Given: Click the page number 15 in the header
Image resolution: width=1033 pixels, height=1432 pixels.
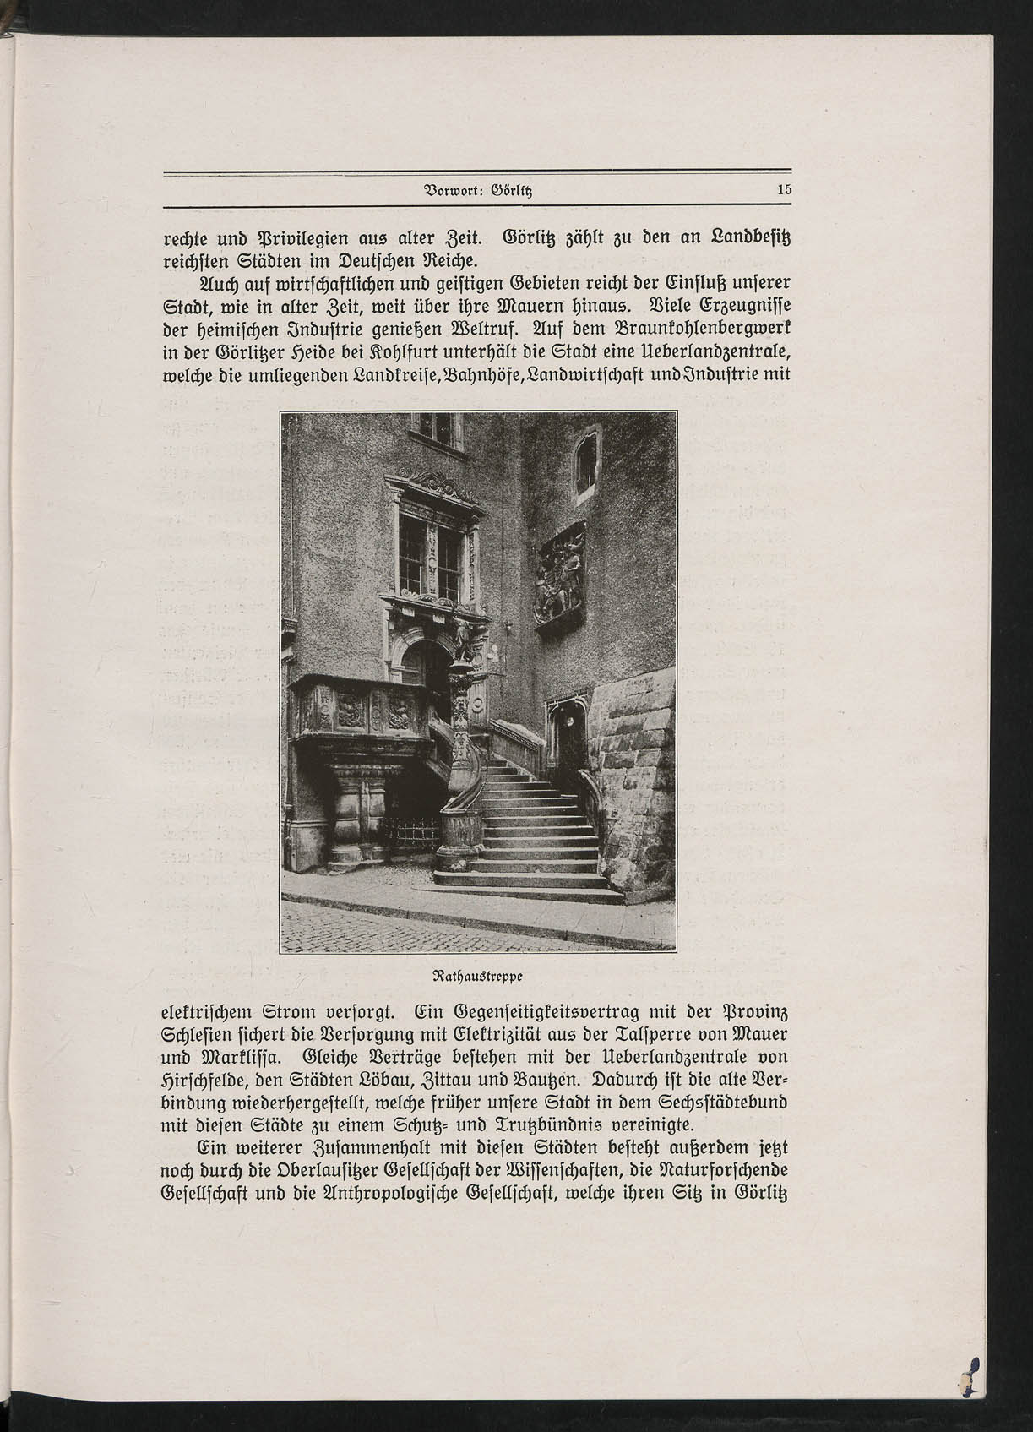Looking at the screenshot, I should pos(784,191).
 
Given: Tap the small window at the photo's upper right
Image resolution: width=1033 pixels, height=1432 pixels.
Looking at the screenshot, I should pos(585,463).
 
